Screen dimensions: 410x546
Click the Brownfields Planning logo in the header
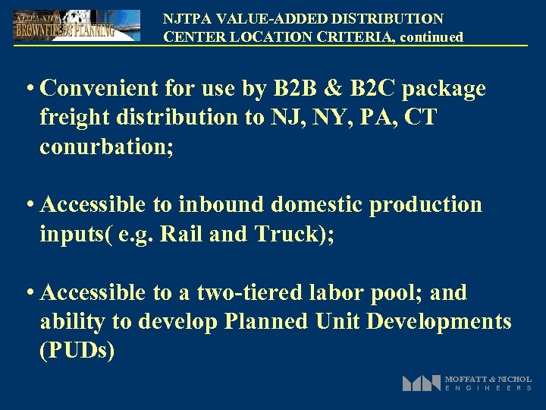76,25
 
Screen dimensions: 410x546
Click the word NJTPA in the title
185,18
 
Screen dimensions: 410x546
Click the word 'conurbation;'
107,147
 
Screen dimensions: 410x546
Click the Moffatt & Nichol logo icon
421,383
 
